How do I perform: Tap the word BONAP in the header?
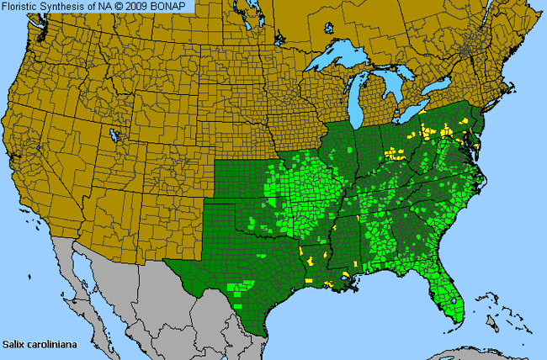(176, 7)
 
